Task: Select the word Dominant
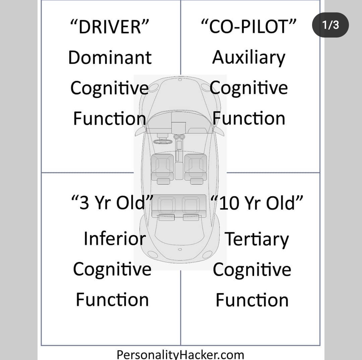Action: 110,58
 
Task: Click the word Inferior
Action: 115,239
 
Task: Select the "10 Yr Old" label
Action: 257,203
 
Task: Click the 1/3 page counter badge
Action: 330,25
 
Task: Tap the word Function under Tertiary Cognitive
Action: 252,300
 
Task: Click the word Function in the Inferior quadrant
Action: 112,300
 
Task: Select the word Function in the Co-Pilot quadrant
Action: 249,118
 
